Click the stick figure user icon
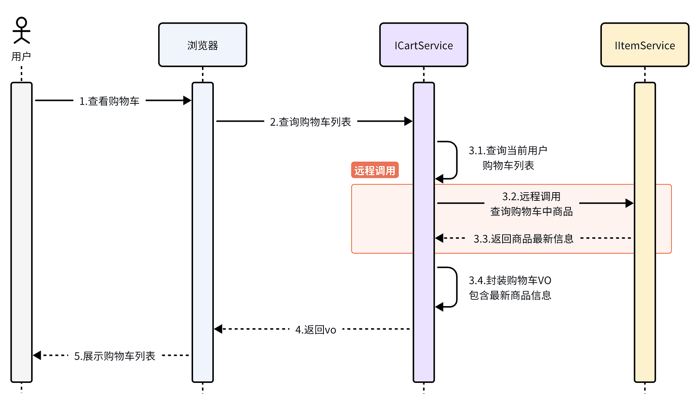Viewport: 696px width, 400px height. [x=21, y=30]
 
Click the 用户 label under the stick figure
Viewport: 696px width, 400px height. [x=21, y=57]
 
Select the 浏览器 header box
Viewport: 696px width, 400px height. [x=202, y=45]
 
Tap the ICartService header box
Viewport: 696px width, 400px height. [x=423, y=45]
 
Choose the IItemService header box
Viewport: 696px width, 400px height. [x=644, y=45]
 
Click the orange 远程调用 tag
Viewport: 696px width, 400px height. [x=375, y=170]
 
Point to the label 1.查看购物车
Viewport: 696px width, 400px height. [x=109, y=101]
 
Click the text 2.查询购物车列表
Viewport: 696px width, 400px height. [x=311, y=122]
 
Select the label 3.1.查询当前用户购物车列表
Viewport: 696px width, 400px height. [x=508, y=158]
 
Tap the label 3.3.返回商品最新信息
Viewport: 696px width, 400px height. [x=523, y=239]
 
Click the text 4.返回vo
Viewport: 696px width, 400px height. [x=316, y=329]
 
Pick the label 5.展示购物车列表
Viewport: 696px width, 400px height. [x=115, y=356]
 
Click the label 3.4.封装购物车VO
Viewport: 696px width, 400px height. [x=510, y=280]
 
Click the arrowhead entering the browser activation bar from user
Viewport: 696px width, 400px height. [x=188, y=101]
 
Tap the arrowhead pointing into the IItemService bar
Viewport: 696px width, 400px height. [x=629, y=203]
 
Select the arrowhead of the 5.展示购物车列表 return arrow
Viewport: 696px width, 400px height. [x=37, y=355]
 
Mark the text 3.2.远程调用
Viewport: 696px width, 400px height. [x=531, y=196]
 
